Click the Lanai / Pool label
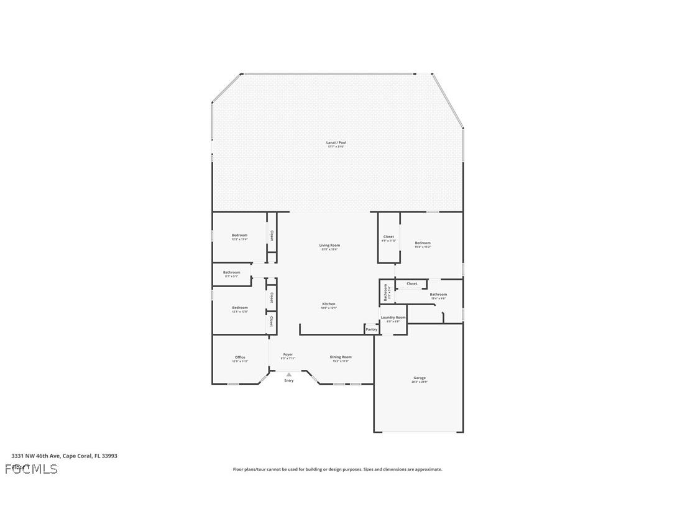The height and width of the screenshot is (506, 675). tap(336, 143)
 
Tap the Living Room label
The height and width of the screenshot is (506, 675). tap(329, 246)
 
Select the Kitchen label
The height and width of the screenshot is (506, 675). tap(328, 304)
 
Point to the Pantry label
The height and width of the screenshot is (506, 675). tap(371, 329)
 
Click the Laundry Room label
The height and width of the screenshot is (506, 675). tap(393, 318)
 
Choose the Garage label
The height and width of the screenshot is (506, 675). tap(420, 378)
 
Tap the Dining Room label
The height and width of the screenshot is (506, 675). tap(341, 357)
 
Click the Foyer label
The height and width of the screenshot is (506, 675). tap(288, 355)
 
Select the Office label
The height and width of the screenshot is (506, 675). tap(240, 357)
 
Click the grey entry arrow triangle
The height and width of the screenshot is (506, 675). tap(288, 374)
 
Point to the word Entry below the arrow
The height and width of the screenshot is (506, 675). tap(289, 380)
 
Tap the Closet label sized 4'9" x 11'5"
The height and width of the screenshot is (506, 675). tap(388, 237)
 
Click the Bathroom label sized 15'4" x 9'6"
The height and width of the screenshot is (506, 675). tap(438, 295)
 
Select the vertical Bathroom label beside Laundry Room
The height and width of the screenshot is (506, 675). tap(385, 292)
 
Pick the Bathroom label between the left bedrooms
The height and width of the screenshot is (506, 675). tap(231, 272)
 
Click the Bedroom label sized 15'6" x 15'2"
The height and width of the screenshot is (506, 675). tap(423, 243)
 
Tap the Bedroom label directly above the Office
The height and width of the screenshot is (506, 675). tap(240, 308)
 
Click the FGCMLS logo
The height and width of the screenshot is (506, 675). tap(31, 469)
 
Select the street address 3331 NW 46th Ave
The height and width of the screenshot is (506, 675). tap(64, 456)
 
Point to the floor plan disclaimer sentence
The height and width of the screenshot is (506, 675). tap(337, 469)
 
